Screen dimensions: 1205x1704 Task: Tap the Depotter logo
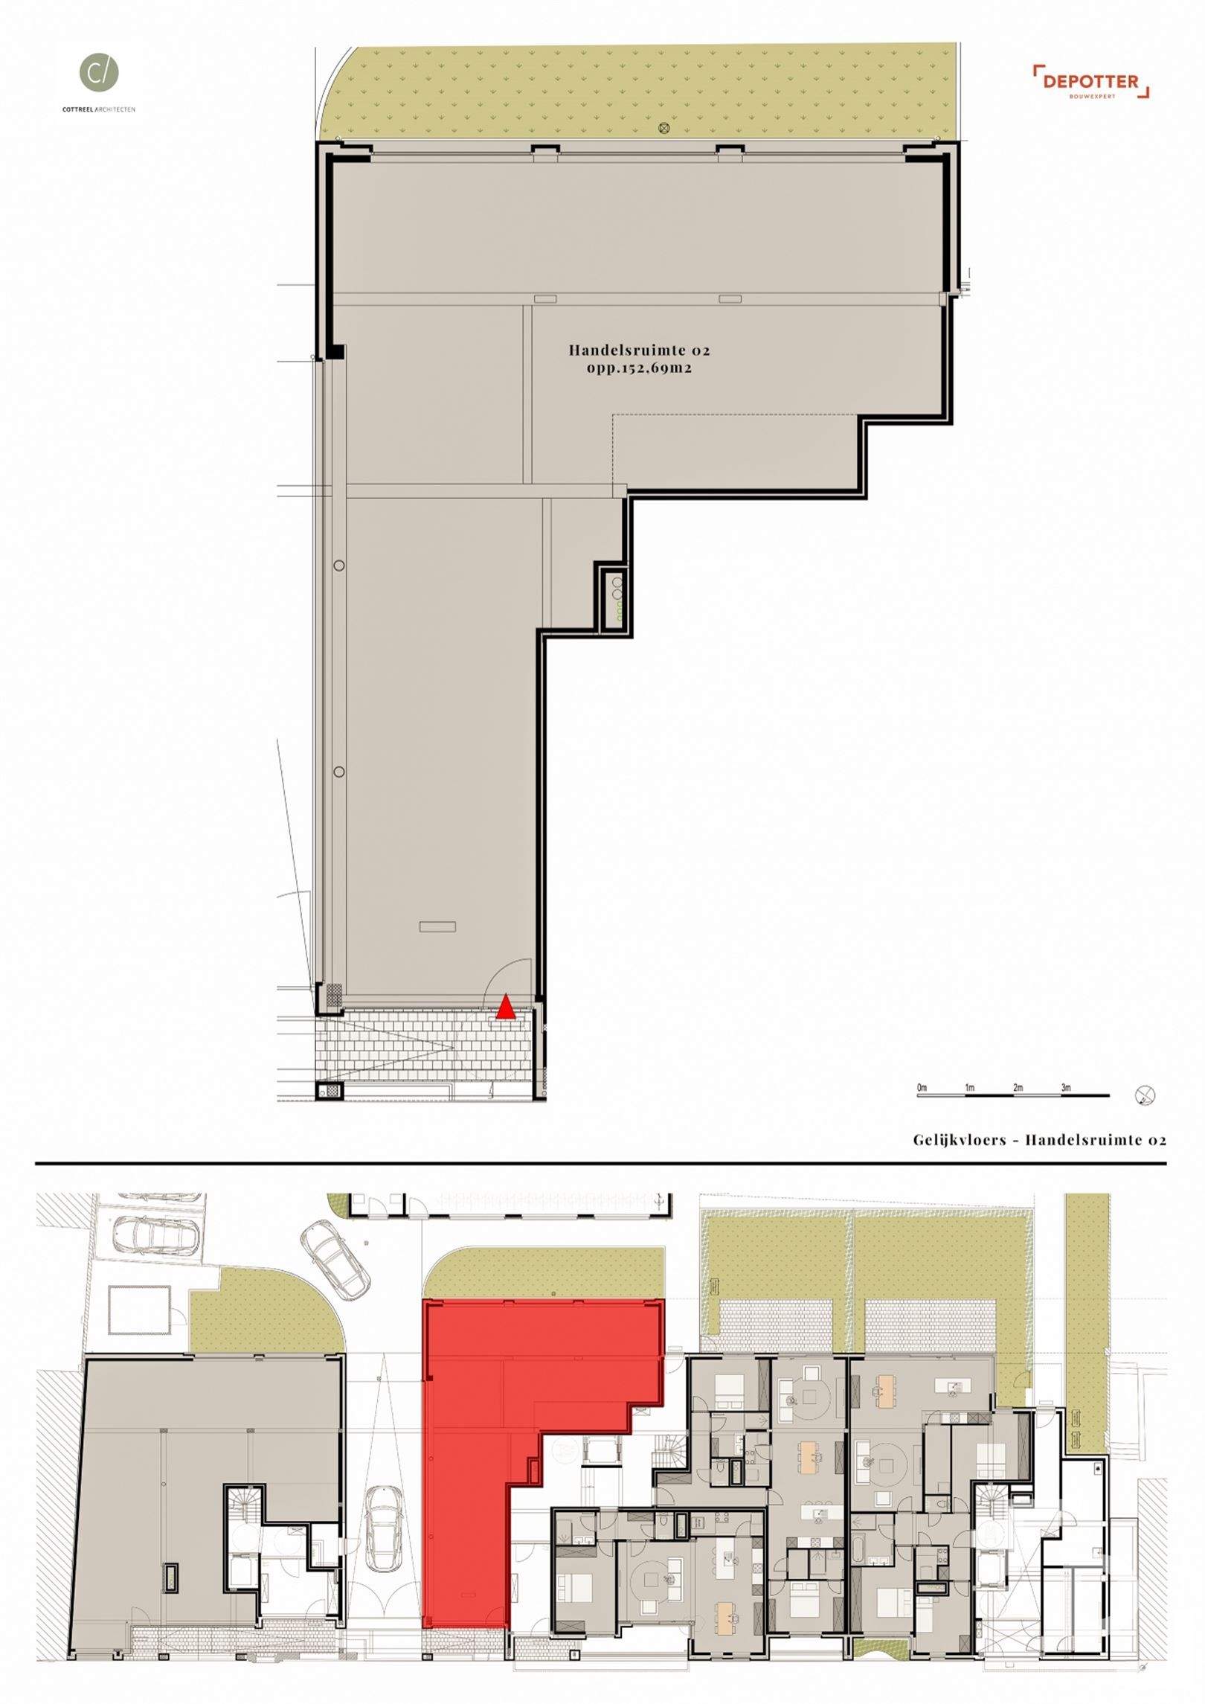pyautogui.click(x=1091, y=82)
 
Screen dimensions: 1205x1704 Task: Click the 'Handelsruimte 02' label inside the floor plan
pyautogui.click(x=640, y=349)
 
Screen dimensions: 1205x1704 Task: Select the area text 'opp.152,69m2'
pyautogui.click(x=640, y=368)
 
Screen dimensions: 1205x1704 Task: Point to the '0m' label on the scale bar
pyautogui.click(x=922, y=1088)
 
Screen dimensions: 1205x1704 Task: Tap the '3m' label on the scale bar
pyautogui.click(x=1066, y=1088)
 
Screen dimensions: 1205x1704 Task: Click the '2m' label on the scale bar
pyautogui.click(x=1018, y=1088)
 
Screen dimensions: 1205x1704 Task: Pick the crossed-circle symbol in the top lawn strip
pyautogui.click(x=663, y=128)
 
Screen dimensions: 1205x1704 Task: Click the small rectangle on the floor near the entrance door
pyautogui.click(x=437, y=926)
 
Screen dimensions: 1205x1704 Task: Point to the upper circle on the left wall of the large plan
pyautogui.click(x=339, y=566)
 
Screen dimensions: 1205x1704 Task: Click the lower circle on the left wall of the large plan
pyautogui.click(x=339, y=772)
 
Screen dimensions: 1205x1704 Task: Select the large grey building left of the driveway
pyautogui.click(x=212, y=1462)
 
